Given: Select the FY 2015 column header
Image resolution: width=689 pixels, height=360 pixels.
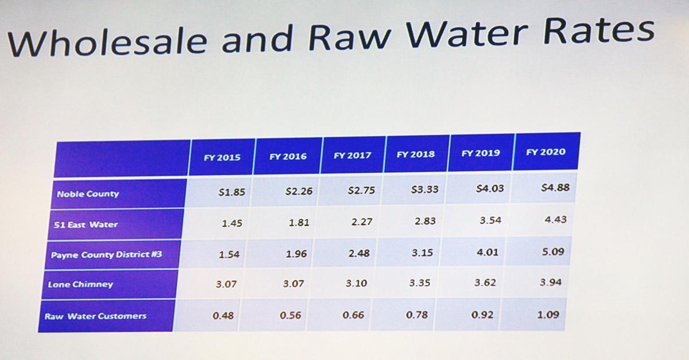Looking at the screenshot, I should [x=222, y=157].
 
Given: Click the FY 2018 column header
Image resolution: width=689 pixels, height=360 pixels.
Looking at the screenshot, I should [x=416, y=154].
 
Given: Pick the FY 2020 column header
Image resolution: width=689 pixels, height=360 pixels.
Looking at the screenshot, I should [x=545, y=152].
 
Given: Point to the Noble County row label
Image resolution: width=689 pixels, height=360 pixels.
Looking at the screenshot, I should [x=88, y=194].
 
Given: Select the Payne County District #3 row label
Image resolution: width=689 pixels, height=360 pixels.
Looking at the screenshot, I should [x=106, y=254].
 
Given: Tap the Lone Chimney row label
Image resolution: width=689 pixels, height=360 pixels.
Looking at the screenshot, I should [x=80, y=285].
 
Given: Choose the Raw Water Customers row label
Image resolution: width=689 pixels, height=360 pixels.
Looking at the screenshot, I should [x=95, y=316].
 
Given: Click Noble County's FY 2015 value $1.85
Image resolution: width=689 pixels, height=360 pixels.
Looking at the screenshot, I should [x=231, y=192].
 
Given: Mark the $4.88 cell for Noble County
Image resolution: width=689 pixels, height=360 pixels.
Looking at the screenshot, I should [x=555, y=187].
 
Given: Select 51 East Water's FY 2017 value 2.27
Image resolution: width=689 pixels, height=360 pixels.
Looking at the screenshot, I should [x=362, y=222].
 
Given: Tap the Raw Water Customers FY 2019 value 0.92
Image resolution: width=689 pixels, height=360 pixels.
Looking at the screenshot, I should [x=485, y=315].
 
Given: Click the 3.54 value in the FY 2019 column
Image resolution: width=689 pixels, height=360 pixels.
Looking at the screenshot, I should [x=490, y=220].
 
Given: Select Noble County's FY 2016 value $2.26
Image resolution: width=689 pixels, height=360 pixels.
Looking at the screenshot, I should [x=299, y=191].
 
